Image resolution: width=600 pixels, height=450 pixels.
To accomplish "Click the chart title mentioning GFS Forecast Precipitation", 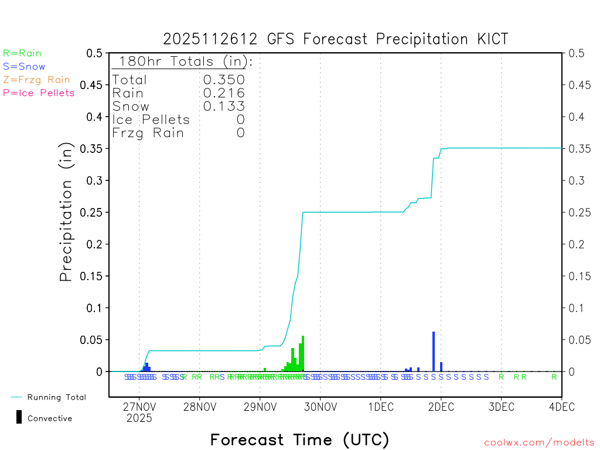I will tap(336, 39).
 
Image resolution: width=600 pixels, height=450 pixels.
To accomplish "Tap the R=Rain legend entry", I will tap(22, 53).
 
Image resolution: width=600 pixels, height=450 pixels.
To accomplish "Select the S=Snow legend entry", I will tap(24, 67).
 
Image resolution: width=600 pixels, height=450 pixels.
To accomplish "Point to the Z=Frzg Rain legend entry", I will tap(36, 80).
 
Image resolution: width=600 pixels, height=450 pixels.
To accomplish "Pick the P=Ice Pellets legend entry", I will tap(39, 93).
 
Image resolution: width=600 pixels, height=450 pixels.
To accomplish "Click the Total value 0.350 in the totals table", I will tap(224, 80).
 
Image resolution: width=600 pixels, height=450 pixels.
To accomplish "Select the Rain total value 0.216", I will tap(224, 93).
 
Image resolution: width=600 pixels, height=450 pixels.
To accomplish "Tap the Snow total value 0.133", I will tap(224, 106).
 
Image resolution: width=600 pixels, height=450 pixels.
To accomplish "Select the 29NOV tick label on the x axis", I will tap(260, 406).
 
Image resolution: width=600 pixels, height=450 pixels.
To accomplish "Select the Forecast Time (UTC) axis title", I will tap(299, 439).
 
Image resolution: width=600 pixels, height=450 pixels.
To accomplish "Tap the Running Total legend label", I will tap(56, 397).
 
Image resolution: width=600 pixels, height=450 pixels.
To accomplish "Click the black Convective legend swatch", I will tap(19, 417).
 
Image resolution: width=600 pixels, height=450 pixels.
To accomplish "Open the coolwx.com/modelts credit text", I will tap(539, 443).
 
